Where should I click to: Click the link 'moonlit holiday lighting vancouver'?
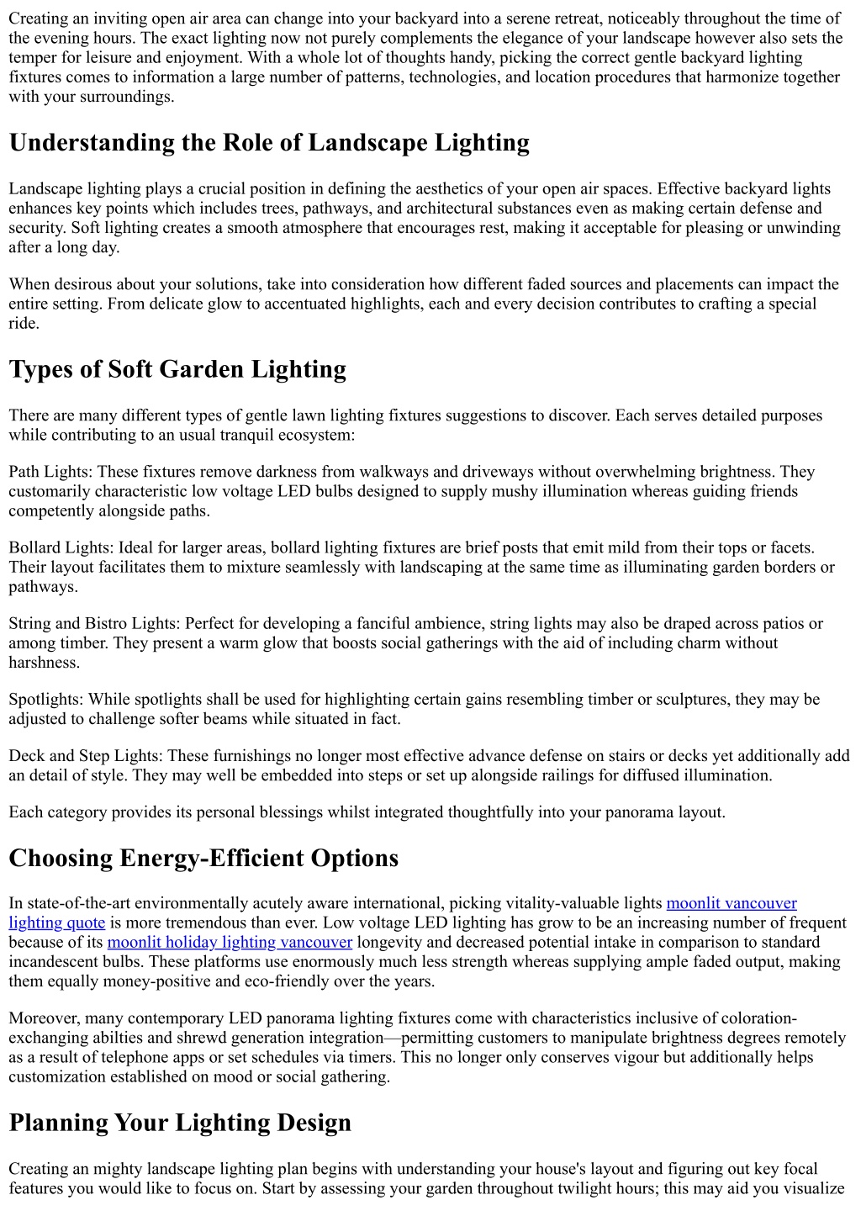pyautogui.click(x=230, y=942)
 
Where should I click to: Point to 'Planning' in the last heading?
pyautogui.click(x=58, y=1123)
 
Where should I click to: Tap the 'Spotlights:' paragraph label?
pyautogui.click(x=46, y=699)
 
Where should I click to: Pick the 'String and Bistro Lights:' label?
pyautogui.click(x=94, y=623)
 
